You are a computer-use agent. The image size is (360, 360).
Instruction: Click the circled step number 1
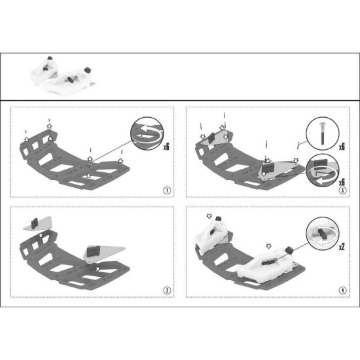pyautogui.click(x=167, y=190)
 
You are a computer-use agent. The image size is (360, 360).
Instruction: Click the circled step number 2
pyautogui.click(x=167, y=291)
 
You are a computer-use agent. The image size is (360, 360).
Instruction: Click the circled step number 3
pyautogui.click(x=342, y=190)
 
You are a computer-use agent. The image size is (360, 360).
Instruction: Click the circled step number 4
pyautogui.click(x=342, y=291)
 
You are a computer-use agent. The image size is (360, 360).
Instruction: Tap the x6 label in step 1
pyautogui.click(x=166, y=146)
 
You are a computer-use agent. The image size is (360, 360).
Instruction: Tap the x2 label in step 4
pyautogui.click(x=342, y=246)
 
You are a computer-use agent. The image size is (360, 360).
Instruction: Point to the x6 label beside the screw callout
pyautogui.click(x=342, y=146)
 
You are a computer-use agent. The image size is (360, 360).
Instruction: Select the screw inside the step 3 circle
pyautogui.click(x=323, y=133)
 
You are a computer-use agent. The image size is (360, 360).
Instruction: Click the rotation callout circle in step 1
pyautogui.click(x=147, y=134)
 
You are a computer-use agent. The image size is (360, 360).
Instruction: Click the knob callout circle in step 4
pyautogui.click(x=322, y=234)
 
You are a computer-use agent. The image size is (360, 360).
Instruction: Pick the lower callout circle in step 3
pyautogui.click(x=322, y=170)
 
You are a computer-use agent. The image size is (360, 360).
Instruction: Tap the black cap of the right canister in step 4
pyautogui.click(x=289, y=249)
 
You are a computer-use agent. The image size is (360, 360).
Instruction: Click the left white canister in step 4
pyautogui.click(x=210, y=236)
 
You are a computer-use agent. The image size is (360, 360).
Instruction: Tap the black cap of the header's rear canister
pyautogui.click(x=50, y=58)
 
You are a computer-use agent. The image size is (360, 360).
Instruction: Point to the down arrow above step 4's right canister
pyautogui.click(x=268, y=246)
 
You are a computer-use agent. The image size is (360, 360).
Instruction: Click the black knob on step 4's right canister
pyautogui.click(x=269, y=262)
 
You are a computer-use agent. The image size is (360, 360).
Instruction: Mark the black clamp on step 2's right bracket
pyautogui.click(x=93, y=251)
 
